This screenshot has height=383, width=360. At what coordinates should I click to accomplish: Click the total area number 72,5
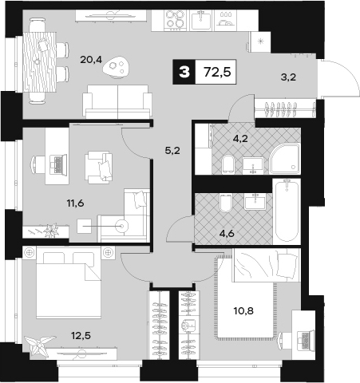point(217,72)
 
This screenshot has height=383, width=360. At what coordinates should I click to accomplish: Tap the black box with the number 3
point(184,72)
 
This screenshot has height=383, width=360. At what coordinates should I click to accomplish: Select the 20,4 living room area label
point(91,60)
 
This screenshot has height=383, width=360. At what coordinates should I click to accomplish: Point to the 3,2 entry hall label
point(288,77)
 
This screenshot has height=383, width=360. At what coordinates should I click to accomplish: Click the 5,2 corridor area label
point(172,151)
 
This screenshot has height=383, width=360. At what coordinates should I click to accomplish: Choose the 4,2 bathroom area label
point(240,138)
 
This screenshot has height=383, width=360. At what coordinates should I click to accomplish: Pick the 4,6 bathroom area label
point(227,234)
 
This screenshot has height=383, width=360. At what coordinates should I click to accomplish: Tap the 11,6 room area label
point(75,203)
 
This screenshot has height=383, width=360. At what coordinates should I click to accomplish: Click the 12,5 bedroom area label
point(81,336)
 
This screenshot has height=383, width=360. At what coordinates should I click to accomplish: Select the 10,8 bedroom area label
point(243,310)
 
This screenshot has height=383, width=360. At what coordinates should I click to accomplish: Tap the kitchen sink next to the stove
point(201,20)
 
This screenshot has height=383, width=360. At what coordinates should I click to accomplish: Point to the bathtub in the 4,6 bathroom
point(287,211)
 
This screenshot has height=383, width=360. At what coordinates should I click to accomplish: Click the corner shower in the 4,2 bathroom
point(284,159)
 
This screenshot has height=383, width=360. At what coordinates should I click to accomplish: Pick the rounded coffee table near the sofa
point(117,67)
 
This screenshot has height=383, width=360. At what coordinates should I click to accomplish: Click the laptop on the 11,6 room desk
point(58,164)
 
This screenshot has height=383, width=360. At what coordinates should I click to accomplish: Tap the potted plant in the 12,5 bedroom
point(39,345)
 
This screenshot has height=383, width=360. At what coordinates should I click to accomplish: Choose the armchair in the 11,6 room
point(98,168)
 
